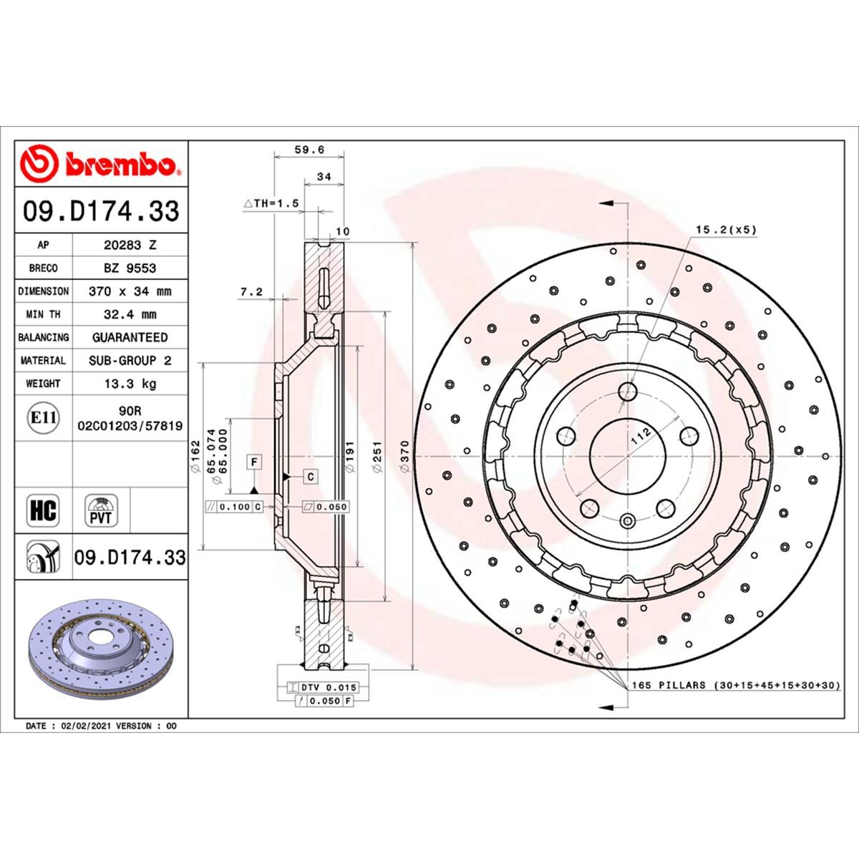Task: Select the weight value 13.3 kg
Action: pyautogui.click(x=130, y=384)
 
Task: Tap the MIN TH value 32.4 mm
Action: pyautogui.click(x=130, y=314)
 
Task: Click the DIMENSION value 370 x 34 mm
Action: pyautogui.click(x=130, y=291)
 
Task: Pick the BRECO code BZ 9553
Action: pyautogui.click(x=130, y=268)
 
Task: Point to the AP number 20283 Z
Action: pyautogui.click(x=130, y=245)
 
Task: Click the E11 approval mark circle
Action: pyautogui.click(x=43, y=417)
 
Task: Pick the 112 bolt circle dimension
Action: pyautogui.click(x=641, y=435)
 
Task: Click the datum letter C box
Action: pyautogui.click(x=311, y=476)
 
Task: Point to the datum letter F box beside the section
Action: pyautogui.click(x=253, y=462)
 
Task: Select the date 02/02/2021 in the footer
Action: pyautogui.click(x=86, y=726)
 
